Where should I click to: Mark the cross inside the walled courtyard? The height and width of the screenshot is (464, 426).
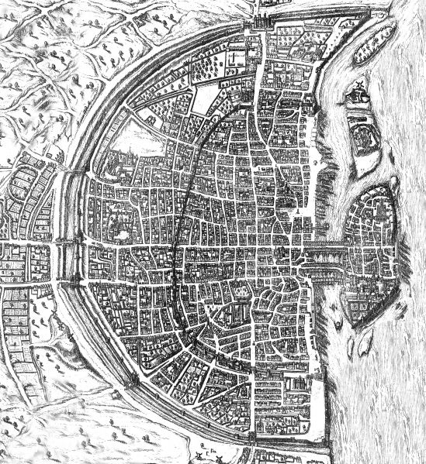(x=234, y=59)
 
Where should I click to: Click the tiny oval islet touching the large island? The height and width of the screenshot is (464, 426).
(x=340, y=314)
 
